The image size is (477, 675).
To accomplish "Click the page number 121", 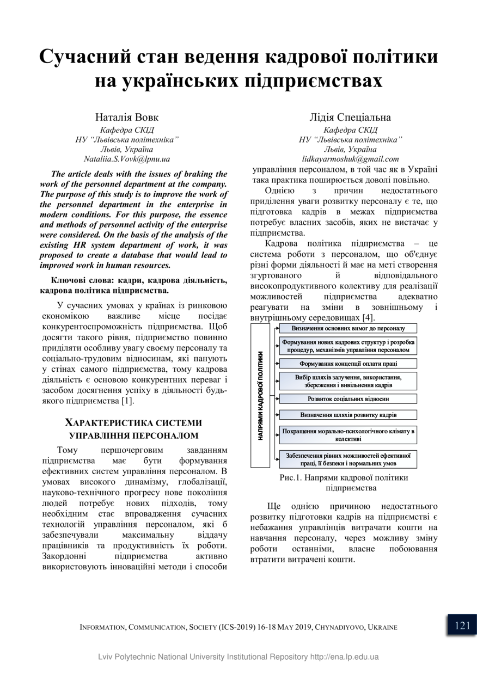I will [x=462, y=625].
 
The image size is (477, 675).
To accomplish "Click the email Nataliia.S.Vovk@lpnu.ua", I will [x=127, y=159].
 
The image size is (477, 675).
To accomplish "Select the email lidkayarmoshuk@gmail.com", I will [x=350, y=159].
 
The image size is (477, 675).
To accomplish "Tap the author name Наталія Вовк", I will [x=127, y=117].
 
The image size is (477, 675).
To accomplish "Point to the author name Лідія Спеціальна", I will [x=350, y=117].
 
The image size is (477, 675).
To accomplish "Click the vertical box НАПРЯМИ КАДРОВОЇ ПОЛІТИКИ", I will [x=260, y=396].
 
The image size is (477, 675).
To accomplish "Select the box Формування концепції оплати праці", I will [x=348, y=363].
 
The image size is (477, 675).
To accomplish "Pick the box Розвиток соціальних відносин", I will [x=348, y=398].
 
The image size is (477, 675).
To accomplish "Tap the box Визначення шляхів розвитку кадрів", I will [x=348, y=415].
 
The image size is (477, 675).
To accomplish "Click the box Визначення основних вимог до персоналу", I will [x=348, y=328].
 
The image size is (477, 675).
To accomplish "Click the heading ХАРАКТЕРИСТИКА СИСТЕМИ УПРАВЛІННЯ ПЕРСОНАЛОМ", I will [x=133, y=429].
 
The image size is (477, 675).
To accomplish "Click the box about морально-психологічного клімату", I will [x=348, y=434].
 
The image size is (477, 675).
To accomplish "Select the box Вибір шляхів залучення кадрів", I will [x=348, y=381].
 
